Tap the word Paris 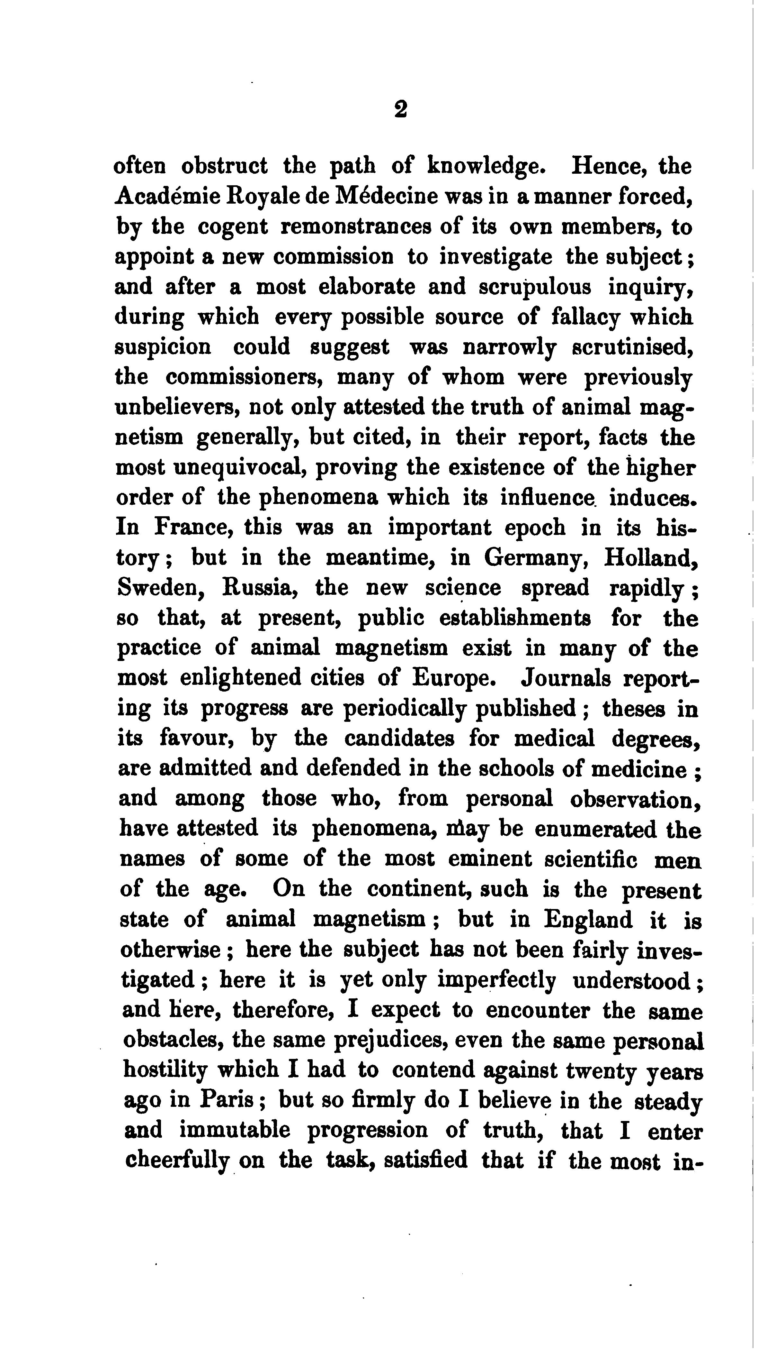(228, 1100)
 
